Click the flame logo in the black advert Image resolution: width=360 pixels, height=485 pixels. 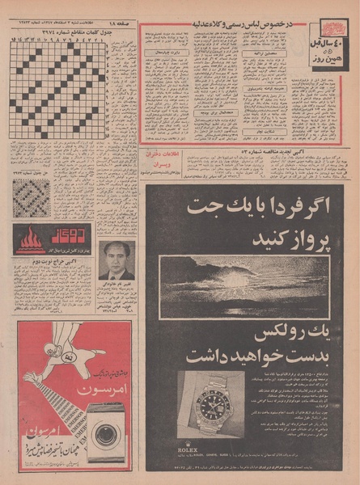point(31,240)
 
